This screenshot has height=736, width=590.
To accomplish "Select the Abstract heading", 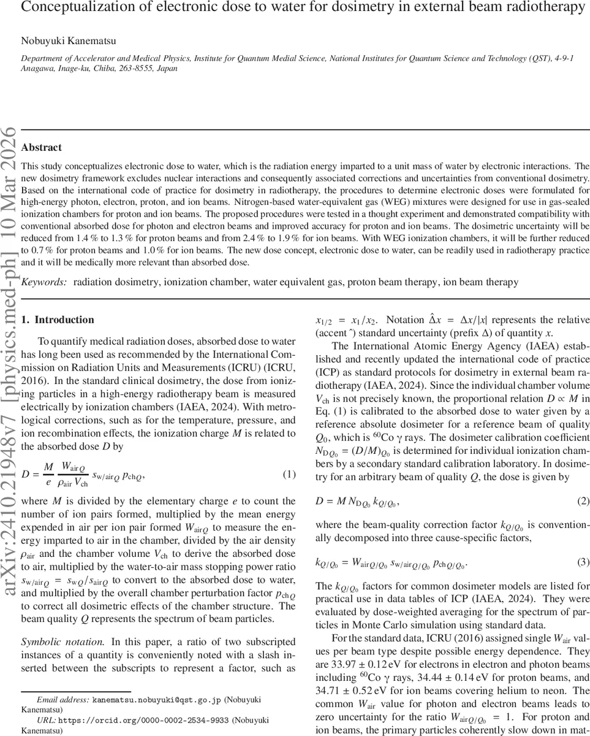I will click(x=41, y=148).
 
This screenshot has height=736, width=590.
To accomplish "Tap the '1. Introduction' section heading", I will click(x=58, y=320).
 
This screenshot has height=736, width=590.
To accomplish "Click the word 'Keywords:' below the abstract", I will click(x=43, y=282).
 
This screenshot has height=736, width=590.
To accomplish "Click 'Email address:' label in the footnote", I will click(x=63, y=699).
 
